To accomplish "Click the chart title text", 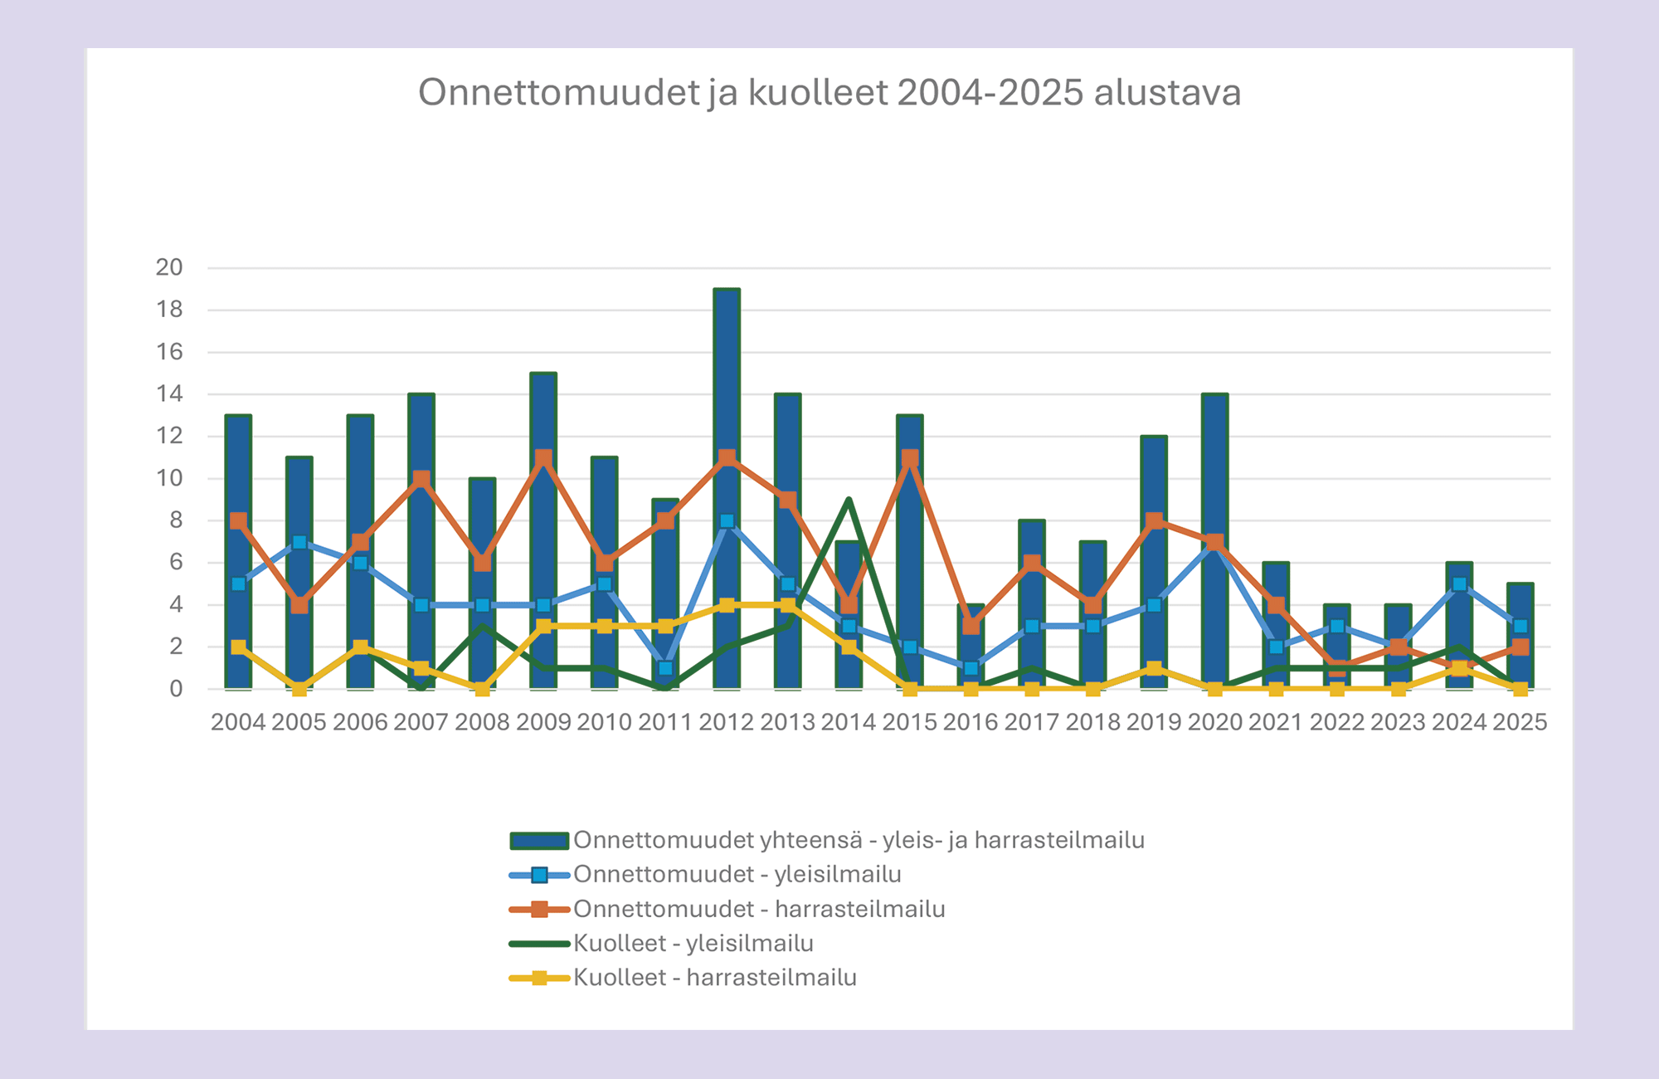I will [x=829, y=92].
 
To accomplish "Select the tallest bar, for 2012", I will [x=727, y=373].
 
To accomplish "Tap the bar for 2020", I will [x=1215, y=465].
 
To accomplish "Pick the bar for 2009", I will [x=543, y=415].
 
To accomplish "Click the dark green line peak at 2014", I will [x=849, y=500].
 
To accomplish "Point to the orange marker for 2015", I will [x=910, y=458].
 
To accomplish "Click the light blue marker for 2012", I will [x=727, y=521].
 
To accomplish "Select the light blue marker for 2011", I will [x=665, y=668].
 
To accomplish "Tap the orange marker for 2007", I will [x=421, y=479].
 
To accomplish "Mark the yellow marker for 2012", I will [x=727, y=605].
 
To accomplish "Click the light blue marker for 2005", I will [x=299, y=542].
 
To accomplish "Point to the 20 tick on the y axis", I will [x=169, y=267].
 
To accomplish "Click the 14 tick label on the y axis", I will [x=169, y=394].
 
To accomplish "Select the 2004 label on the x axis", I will [x=238, y=722].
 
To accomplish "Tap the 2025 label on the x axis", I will [x=1520, y=722].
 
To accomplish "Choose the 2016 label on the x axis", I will [x=971, y=722].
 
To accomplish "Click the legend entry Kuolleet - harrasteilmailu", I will [x=714, y=978].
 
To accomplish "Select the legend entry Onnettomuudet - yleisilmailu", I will [x=737, y=875].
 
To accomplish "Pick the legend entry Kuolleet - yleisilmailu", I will [x=693, y=944].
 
